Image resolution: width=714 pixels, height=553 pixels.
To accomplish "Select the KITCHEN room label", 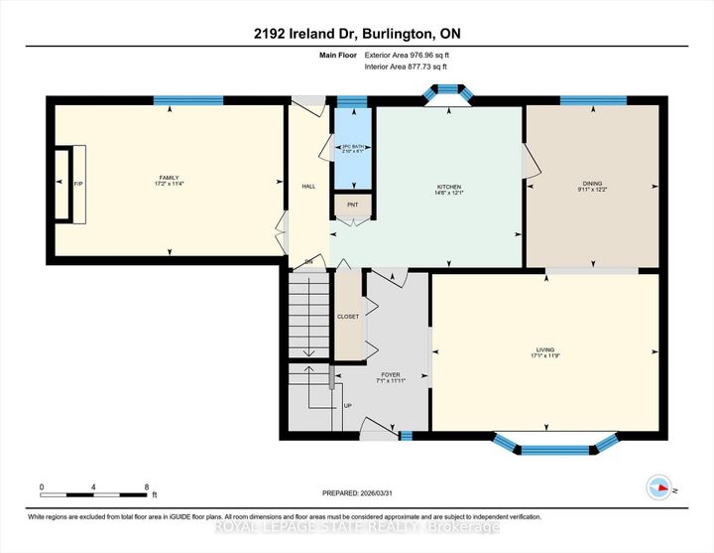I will coord(449,187).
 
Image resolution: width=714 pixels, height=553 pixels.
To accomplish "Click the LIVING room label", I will coord(545,349).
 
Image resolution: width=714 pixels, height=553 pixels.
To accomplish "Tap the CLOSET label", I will coord(348,317).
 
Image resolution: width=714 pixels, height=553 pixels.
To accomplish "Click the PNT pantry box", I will coord(352,207).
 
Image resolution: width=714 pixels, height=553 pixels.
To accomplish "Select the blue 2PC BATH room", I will coord(353,149).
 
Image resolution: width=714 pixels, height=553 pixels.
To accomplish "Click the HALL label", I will coord(308,186).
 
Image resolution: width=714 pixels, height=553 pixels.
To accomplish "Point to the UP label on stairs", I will coord(347,406).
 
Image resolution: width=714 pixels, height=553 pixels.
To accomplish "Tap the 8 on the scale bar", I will coord(147,487).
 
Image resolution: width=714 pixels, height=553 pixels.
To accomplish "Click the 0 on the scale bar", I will coord(42,487).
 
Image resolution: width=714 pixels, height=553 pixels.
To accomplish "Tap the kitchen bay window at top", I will coord(450,91).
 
